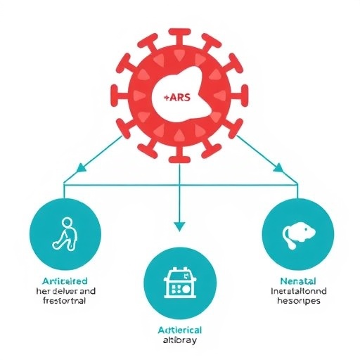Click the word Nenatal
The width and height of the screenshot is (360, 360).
296,279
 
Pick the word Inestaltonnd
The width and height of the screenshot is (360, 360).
296,290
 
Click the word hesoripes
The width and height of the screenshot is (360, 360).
296,300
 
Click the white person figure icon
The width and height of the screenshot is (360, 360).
64,234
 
